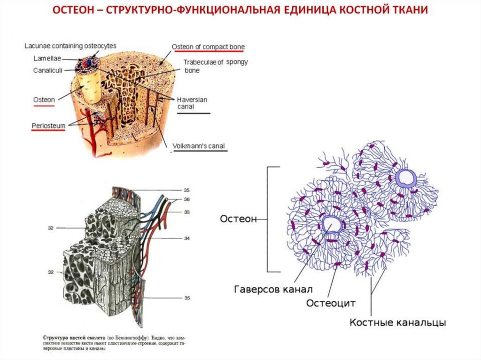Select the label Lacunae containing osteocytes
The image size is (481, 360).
[70, 46]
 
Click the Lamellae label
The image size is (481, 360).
[46, 59]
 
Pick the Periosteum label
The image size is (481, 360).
[48, 126]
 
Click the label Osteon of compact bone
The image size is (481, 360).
[208, 47]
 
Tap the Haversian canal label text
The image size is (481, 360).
[192, 103]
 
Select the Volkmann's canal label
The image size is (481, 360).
[199, 146]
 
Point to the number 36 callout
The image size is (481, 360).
[186, 199]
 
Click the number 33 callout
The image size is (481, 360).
[186, 212]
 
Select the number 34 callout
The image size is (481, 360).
[186, 238]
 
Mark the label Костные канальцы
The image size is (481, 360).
[397, 322]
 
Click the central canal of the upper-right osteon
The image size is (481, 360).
[405, 178]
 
